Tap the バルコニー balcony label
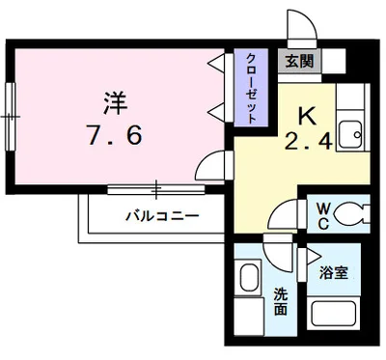pos(161,215)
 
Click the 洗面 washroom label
pos(280,301)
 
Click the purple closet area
pos(249,87)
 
